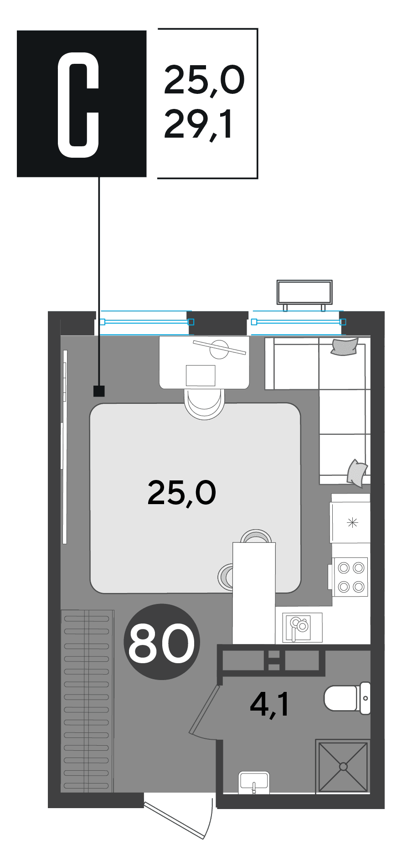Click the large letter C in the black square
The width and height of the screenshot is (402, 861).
(78, 105)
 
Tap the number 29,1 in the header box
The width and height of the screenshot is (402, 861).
(198, 124)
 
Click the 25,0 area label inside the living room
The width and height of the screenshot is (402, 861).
(181, 493)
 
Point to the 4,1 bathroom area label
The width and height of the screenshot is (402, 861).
(269, 705)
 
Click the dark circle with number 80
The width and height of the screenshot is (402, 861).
(162, 642)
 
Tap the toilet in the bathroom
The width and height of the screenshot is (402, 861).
(347, 698)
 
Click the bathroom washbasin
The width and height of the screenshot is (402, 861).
(254, 783)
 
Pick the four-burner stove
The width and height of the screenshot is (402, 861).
(350, 577)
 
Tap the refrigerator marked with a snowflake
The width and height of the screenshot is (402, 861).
(350, 522)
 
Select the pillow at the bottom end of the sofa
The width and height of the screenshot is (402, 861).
(357, 473)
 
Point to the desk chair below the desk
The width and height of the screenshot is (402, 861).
(205, 404)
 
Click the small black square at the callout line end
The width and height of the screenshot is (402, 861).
(99, 391)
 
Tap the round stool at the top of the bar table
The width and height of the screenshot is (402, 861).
(254, 536)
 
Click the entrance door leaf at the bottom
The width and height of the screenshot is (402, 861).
(174, 820)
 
